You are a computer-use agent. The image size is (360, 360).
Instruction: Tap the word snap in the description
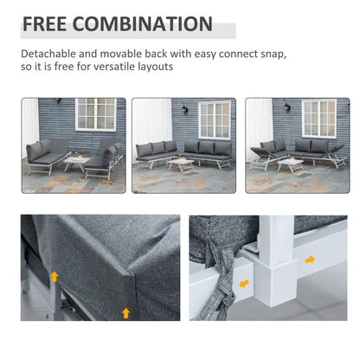click(269, 54)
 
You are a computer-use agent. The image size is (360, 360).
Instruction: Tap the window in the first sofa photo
click(95, 114)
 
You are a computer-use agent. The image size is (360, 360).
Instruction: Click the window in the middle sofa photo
click(214, 119)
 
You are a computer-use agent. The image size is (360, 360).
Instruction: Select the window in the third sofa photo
click(318, 118)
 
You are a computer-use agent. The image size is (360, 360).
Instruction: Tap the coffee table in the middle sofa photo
click(181, 164)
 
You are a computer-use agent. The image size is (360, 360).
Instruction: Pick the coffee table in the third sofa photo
click(291, 164)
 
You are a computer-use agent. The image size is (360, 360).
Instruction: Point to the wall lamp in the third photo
click(289, 108)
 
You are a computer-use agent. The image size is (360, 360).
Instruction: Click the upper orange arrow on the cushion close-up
click(54, 277)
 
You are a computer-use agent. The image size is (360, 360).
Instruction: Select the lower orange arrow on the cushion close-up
click(126, 312)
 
